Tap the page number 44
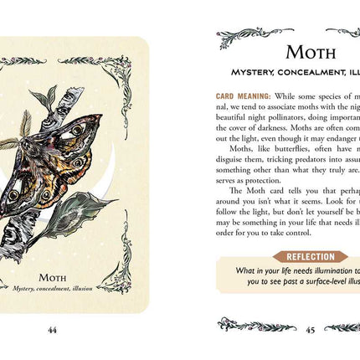(x=52, y=329)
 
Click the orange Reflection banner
(x=311, y=256)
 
